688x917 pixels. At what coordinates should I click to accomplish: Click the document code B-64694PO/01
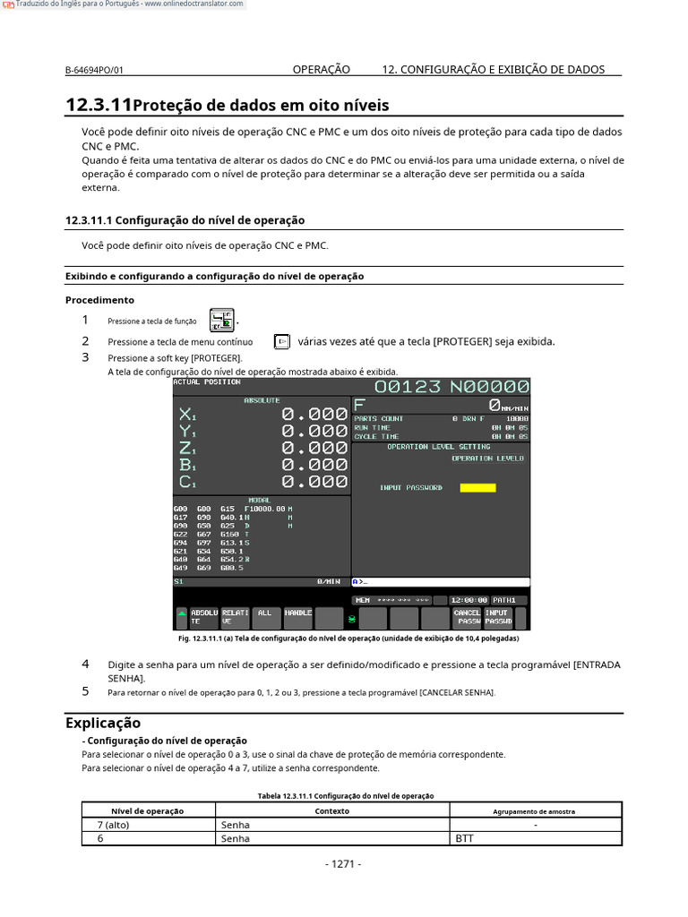pyautogui.click(x=94, y=70)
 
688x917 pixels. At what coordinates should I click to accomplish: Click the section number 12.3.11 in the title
pyautogui.click(x=99, y=106)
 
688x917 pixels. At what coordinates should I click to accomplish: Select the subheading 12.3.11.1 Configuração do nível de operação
pyautogui.click(x=185, y=220)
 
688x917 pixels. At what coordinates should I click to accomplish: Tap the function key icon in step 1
pyautogui.click(x=221, y=320)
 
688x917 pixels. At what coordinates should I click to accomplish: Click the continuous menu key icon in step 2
pyautogui.click(x=281, y=341)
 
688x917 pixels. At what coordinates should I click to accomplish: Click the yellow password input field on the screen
pyautogui.click(x=477, y=488)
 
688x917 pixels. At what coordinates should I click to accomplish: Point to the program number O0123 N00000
pyautogui.click(x=451, y=387)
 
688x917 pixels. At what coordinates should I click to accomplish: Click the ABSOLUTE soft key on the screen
pyautogui.click(x=204, y=617)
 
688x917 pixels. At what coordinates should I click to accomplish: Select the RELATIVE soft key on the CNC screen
pyautogui.click(x=235, y=617)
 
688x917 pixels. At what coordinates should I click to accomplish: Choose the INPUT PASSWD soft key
pyautogui.click(x=498, y=617)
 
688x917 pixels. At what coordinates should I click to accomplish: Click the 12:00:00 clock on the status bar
pyautogui.click(x=469, y=600)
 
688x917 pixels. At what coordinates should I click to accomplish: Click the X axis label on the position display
pyautogui.click(x=187, y=415)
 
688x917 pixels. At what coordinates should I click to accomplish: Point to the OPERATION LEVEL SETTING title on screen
pyautogui.click(x=438, y=447)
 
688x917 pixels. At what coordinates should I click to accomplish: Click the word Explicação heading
pyautogui.click(x=103, y=723)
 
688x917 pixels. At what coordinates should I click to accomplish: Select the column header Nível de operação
pyautogui.click(x=147, y=811)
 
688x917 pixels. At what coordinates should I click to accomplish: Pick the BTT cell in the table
pyautogui.click(x=464, y=839)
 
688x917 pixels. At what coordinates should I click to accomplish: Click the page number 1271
pyautogui.click(x=343, y=864)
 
